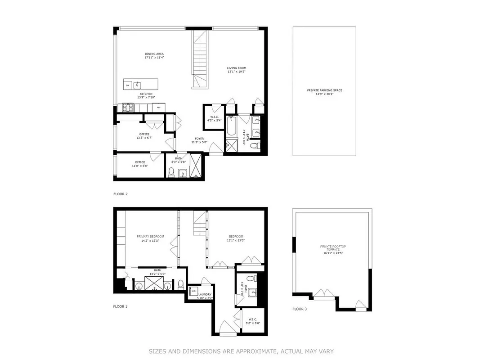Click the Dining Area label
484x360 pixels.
point(154,54)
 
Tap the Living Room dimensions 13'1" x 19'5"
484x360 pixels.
point(236,72)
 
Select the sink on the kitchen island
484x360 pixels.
point(139,85)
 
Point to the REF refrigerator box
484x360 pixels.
point(158,107)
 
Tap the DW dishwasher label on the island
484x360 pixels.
point(128,85)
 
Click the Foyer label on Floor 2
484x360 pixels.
point(199,139)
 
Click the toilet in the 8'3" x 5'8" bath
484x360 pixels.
point(171,172)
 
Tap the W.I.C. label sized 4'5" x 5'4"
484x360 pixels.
point(214,118)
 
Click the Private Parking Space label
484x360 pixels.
point(324,90)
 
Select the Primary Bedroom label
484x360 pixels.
point(150,237)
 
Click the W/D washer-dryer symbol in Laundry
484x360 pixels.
point(193,291)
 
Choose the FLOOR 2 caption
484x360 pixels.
point(121,194)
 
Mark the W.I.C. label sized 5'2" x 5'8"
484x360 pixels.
point(251,320)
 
